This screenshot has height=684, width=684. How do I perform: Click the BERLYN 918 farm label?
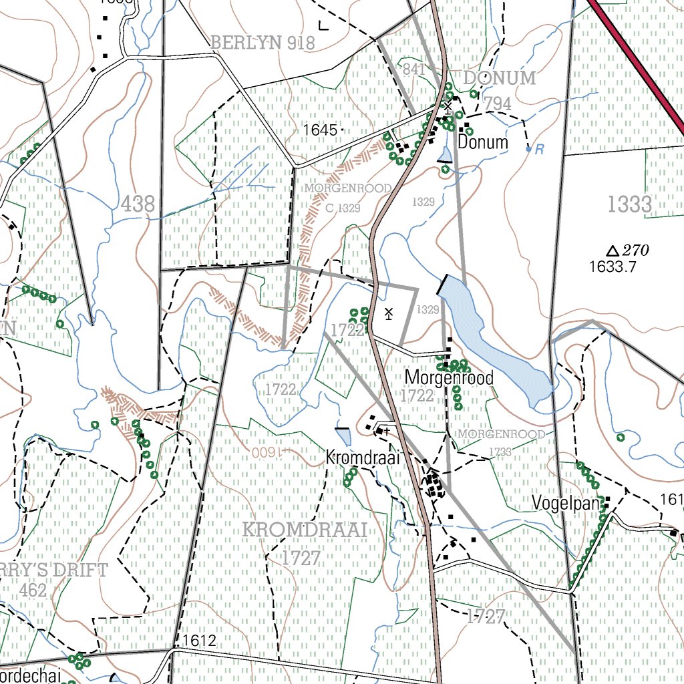[x=263, y=43]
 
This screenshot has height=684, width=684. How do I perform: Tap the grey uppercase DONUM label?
[x=500, y=78]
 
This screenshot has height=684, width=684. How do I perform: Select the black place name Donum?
[x=483, y=142]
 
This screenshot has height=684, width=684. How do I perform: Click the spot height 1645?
[x=320, y=130]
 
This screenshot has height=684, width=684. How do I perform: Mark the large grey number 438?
[x=138, y=204]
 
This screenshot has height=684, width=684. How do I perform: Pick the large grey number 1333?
[x=630, y=204]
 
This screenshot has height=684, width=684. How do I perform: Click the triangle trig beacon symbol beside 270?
[x=612, y=251]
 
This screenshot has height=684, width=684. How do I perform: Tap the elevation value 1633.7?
[x=613, y=267]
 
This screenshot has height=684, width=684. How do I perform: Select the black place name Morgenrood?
[x=449, y=378]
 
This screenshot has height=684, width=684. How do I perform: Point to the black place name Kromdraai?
[x=362, y=458]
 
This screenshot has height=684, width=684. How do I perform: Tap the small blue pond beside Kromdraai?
[x=343, y=437]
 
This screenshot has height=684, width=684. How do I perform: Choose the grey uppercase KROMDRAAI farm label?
[x=305, y=530]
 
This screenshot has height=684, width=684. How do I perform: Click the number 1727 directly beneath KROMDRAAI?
[x=301, y=558]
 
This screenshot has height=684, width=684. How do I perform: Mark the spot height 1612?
[x=198, y=641]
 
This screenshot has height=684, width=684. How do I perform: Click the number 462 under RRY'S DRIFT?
[x=33, y=590]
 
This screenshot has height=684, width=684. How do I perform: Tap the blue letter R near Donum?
[x=539, y=150]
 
